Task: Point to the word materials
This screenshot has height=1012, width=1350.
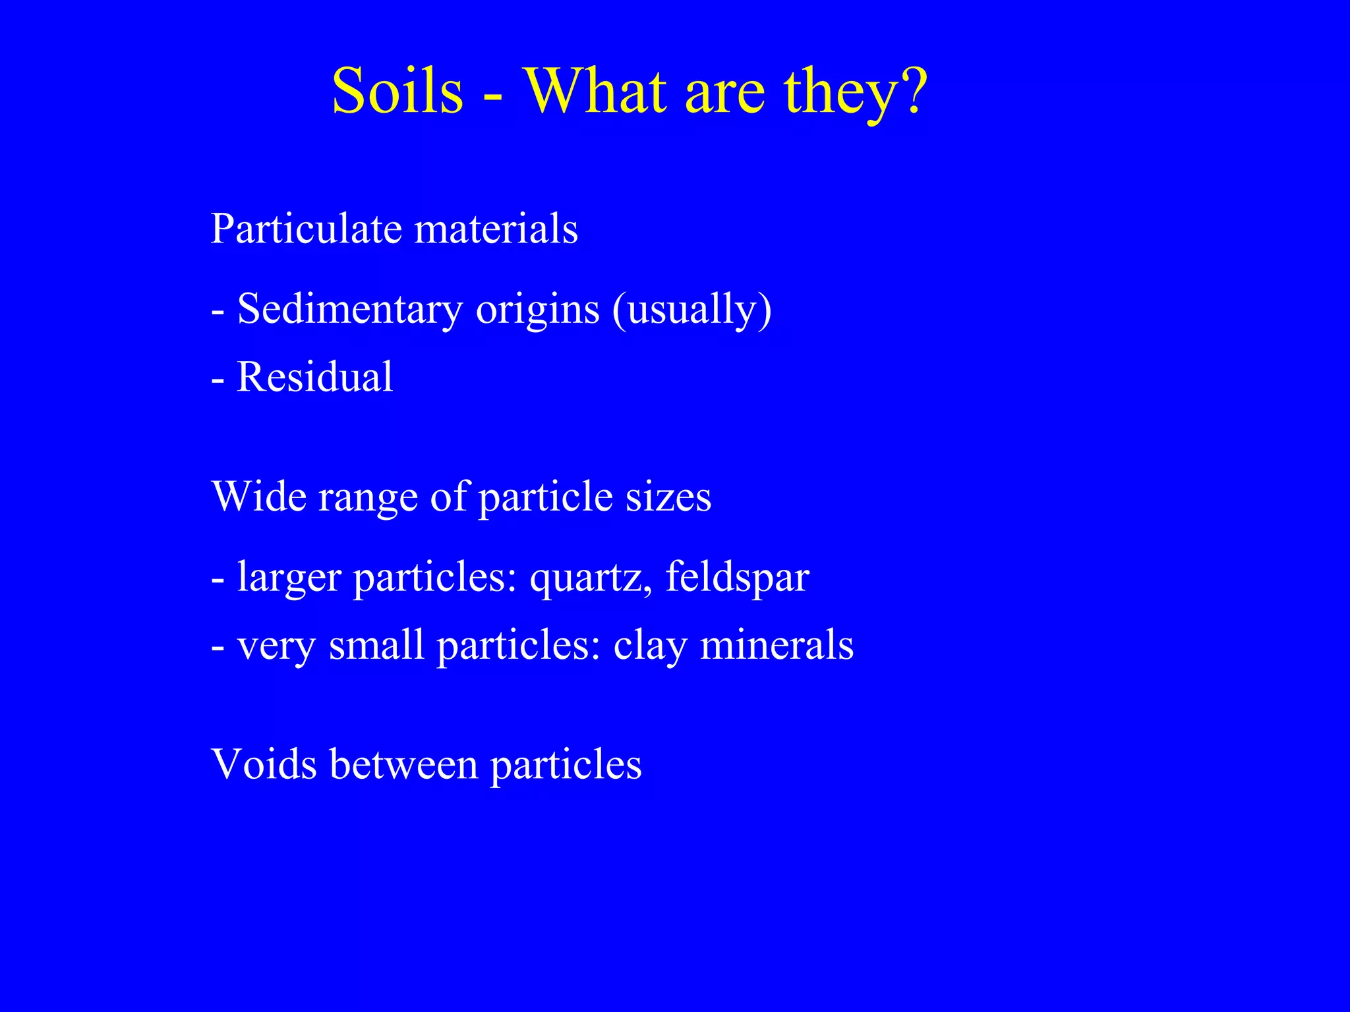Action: [496, 229]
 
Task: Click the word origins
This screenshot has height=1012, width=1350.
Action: [538, 310]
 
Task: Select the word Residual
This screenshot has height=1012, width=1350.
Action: [314, 378]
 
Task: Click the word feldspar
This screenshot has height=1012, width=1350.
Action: [737, 577]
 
